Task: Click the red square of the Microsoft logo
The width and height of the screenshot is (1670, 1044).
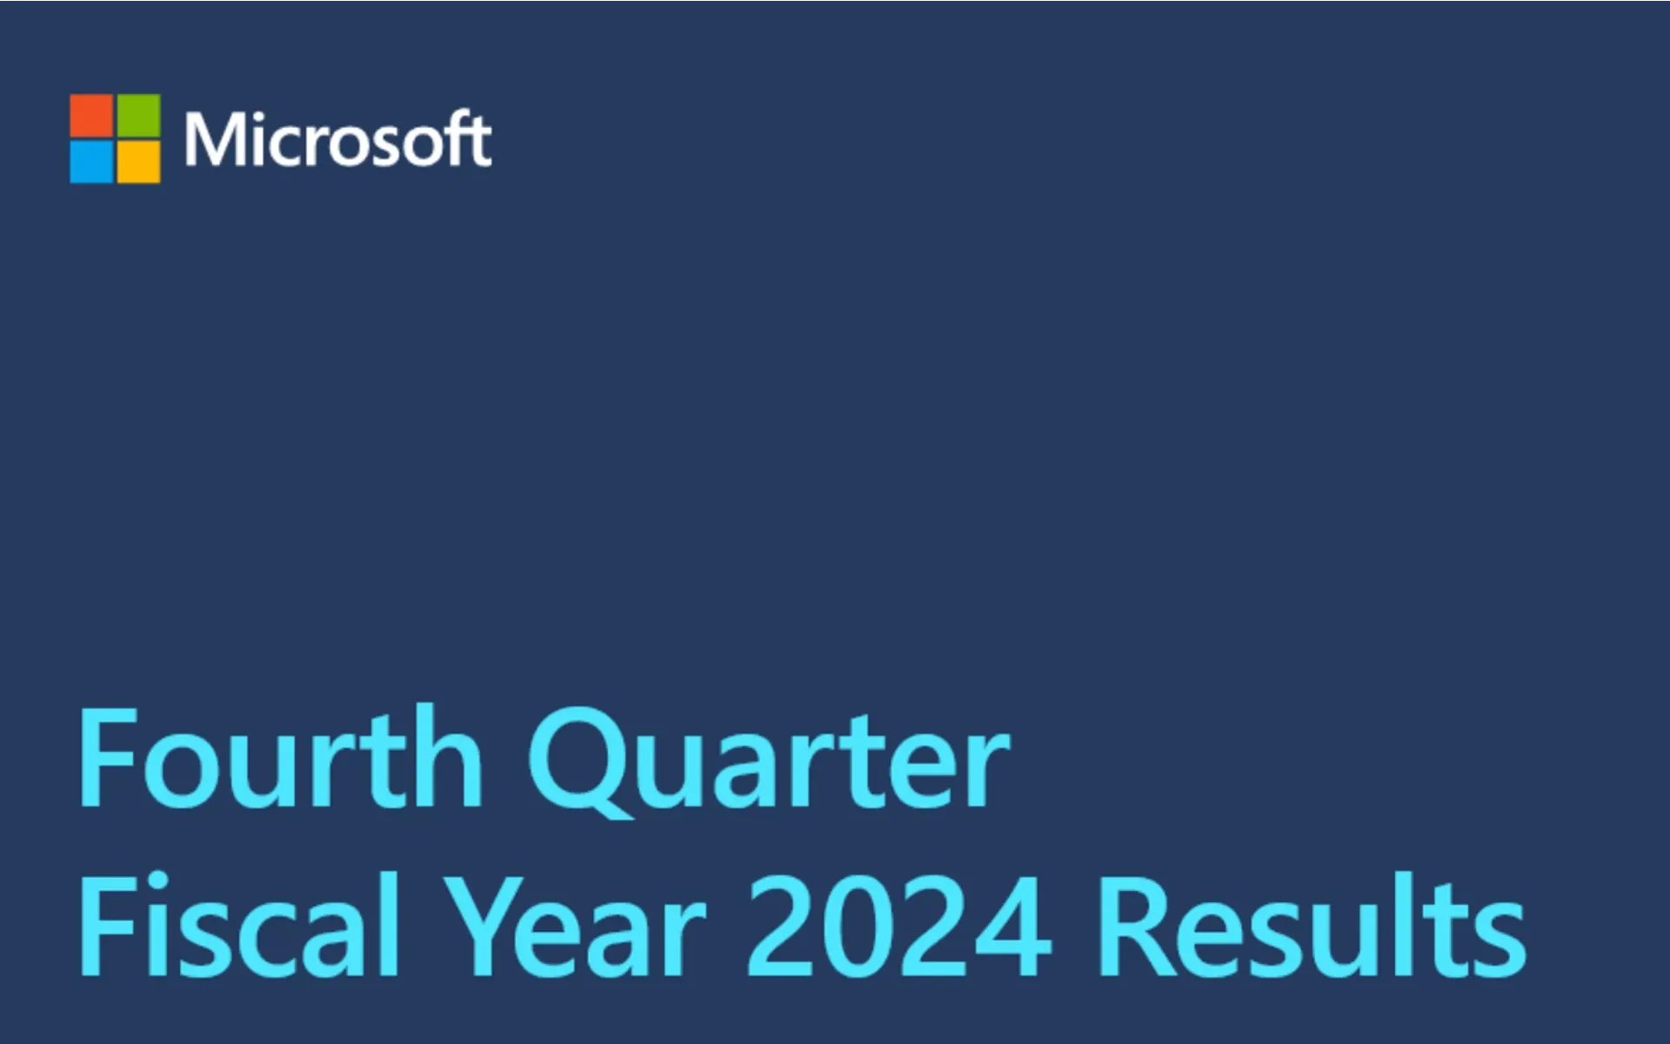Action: click(91, 116)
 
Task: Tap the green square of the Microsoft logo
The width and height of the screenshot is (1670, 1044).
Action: click(139, 116)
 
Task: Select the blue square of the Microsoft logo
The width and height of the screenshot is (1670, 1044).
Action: click(91, 163)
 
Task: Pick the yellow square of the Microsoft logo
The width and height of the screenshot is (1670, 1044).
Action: click(139, 163)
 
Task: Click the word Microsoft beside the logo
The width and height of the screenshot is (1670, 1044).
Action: click(337, 139)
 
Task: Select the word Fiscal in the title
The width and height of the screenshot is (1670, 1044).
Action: click(240, 927)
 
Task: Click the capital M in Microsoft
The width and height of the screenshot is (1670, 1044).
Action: click(212, 139)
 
